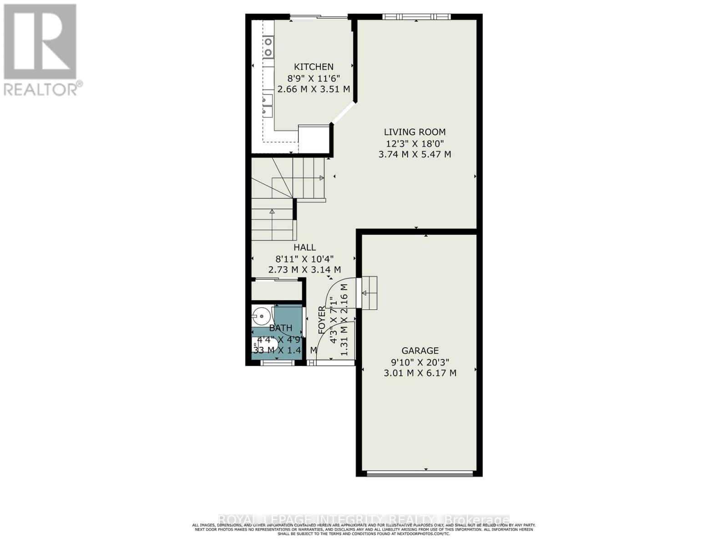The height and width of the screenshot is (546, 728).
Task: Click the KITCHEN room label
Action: [313, 66]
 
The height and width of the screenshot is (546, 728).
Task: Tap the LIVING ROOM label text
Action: [415, 132]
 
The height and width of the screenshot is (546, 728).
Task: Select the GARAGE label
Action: [420, 351]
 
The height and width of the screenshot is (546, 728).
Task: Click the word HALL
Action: [304, 248]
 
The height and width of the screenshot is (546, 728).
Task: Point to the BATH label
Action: [280, 328]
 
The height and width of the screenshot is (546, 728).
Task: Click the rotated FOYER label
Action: [322, 320]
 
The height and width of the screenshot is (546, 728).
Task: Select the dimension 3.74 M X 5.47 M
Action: [415, 154]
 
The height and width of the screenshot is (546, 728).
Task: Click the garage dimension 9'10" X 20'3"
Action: [420, 362]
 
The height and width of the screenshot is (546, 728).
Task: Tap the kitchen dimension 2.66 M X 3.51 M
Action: [313, 89]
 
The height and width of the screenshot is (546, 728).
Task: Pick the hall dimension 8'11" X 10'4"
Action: [304, 258]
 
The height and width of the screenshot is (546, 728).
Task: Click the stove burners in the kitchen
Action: [268, 47]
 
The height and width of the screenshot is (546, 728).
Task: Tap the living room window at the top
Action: [415, 17]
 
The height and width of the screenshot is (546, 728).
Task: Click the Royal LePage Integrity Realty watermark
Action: [364, 520]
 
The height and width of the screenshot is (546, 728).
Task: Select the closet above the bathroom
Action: [277, 291]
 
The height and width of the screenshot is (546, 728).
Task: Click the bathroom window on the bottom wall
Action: [278, 363]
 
